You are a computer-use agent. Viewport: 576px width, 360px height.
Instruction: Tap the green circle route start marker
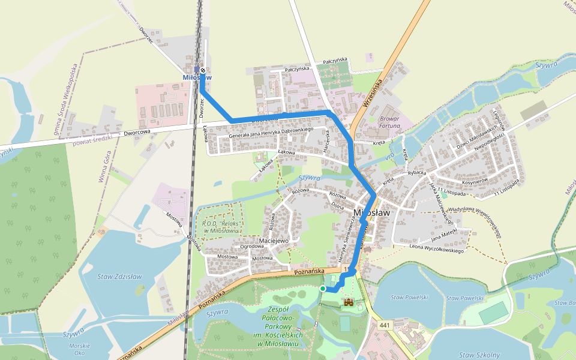coord(323,289)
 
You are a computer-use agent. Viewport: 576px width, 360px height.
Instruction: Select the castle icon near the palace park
coord(348,302)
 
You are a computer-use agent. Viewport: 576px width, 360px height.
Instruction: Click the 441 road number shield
coord(385,325)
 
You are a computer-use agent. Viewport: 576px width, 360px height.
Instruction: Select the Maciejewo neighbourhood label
coord(274,241)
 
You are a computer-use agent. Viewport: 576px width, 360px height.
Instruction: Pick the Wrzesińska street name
coord(372,93)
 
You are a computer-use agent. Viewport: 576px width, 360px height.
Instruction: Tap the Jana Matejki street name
coord(445,230)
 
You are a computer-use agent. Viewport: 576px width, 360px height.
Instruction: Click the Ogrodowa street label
coord(252,246)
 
